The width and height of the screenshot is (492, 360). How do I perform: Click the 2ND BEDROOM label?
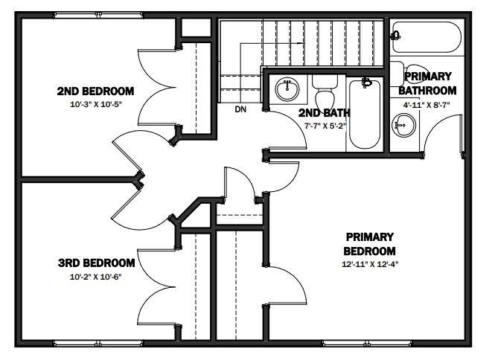(95, 91)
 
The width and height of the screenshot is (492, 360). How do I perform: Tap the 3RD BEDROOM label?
(96, 263)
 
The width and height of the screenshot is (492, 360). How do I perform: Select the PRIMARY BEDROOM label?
(369, 244)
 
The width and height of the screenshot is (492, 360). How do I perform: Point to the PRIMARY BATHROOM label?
(427, 83)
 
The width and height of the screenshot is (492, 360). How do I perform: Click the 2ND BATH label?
(324, 112)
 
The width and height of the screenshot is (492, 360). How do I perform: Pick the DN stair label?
(240, 109)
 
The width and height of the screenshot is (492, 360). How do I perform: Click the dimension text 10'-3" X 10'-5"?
(95, 104)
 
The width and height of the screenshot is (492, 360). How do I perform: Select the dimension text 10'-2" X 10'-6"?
(95, 277)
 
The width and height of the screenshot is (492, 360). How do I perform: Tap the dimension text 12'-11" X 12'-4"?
(370, 264)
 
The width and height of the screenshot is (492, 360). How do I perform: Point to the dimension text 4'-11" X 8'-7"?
(426, 105)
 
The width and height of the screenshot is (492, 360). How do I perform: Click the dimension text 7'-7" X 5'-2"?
(325, 126)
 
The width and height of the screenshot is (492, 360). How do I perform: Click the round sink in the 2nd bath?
(287, 89)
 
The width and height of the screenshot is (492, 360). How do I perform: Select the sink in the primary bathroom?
(404, 126)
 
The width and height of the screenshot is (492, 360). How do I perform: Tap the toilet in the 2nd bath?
(325, 91)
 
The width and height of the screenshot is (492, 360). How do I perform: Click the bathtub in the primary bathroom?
(426, 37)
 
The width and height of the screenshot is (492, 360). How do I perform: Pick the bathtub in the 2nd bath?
(365, 114)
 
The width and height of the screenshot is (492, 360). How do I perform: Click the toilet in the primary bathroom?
(409, 74)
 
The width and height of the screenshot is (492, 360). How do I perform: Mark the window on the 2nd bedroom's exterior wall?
(98, 15)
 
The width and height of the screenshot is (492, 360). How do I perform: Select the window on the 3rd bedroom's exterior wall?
(98, 344)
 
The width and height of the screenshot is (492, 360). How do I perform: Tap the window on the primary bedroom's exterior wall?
(368, 344)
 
